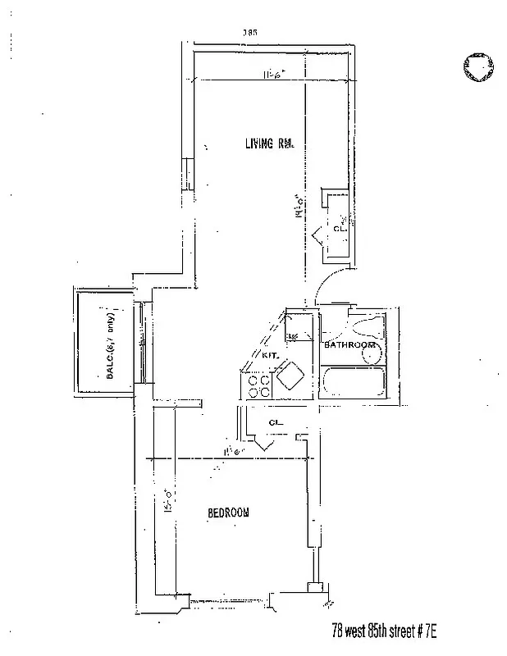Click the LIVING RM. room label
click(269, 144)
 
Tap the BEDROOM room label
click(228, 512)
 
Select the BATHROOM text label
click(349, 345)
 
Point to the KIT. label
click(272, 357)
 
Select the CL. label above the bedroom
click(276, 424)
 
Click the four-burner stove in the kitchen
click(260, 386)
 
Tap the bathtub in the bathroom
click(354, 382)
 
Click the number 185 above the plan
click(250, 32)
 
